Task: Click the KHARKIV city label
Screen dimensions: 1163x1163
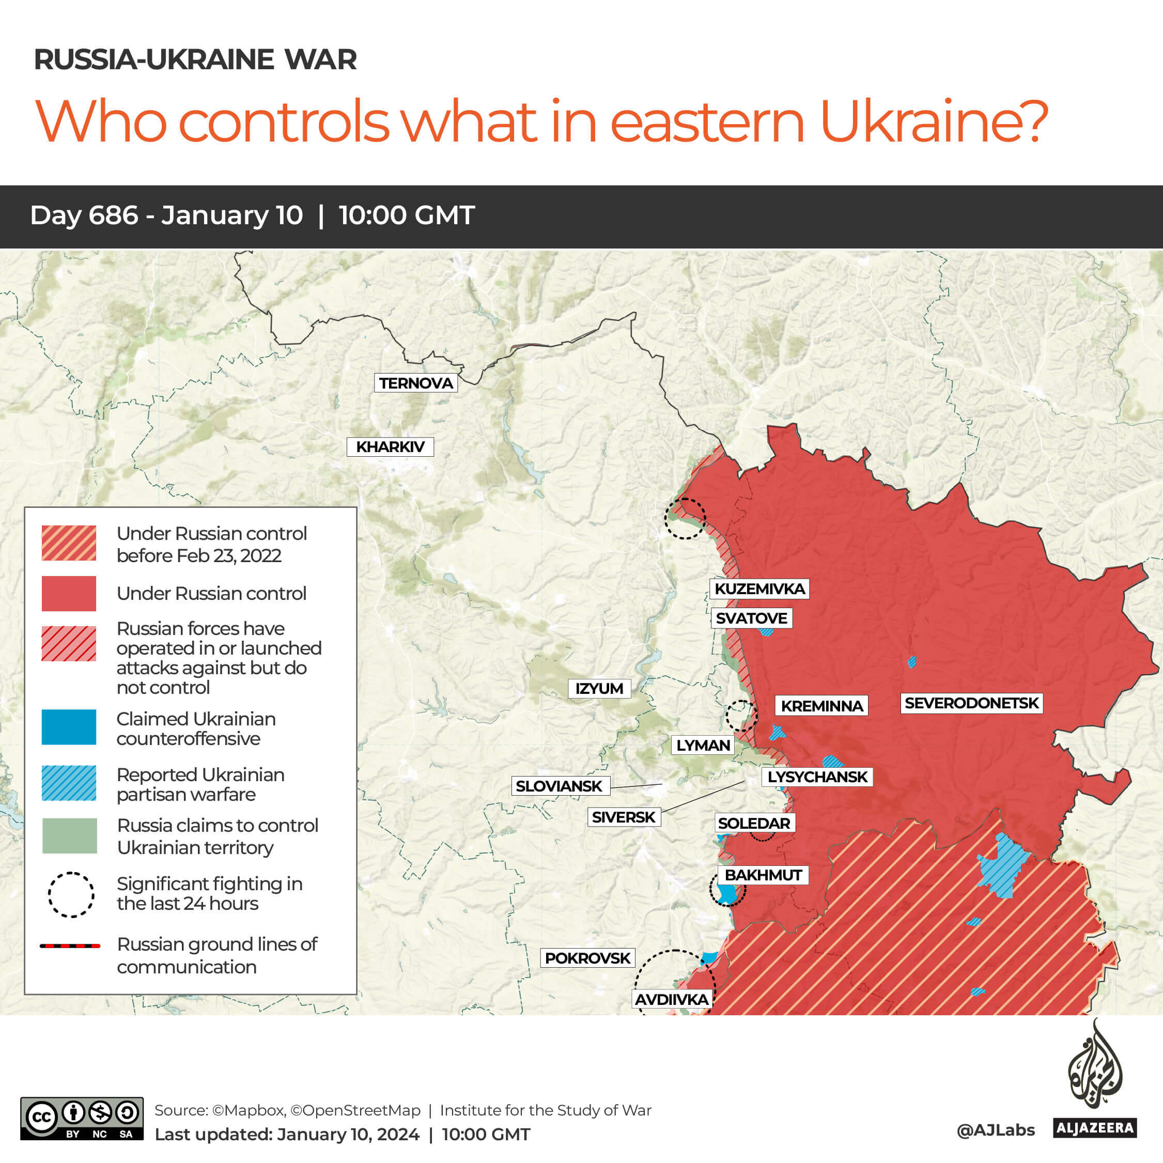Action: click(390, 447)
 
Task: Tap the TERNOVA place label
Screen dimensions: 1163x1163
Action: click(415, 383)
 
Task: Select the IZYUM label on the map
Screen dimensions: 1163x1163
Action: click(599, 689)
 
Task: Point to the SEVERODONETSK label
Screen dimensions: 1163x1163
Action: click(971, 703)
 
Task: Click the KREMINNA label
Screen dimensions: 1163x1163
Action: click(821, 706)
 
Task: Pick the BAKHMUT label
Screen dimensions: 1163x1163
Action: click(763, 875)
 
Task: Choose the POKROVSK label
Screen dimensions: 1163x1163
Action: click(587, 958)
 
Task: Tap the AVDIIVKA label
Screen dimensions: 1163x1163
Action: click(672, 1000)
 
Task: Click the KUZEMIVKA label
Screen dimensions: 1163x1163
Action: click(759, 588)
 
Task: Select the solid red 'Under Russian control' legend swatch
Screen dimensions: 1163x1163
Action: click(69, 594)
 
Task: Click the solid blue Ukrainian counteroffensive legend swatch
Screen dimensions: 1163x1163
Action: click(69, 727)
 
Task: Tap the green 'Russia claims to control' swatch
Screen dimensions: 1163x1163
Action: click(69, 835)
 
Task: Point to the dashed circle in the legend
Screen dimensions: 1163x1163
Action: click(70, 894)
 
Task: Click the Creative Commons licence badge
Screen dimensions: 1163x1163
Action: click(82, 1119)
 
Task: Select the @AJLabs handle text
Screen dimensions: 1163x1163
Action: click(995, 1130)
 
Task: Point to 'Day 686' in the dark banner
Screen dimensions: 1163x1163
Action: click(84, 215)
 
